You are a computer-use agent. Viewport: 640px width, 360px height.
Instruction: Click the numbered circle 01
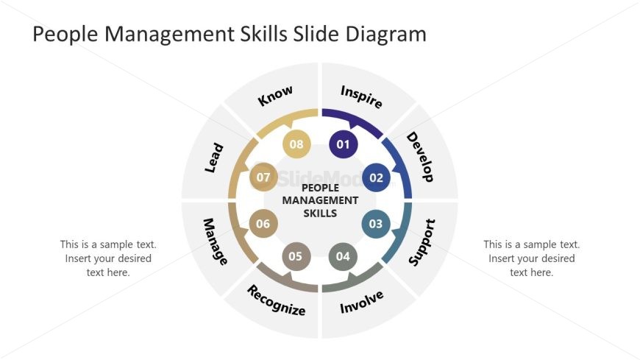(x=344, y=144)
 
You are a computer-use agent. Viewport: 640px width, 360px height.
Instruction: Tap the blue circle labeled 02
(x=377, y=177)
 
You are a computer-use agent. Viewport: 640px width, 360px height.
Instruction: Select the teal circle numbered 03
(x=376, y=224)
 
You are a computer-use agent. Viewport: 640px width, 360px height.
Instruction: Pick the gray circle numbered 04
(x=343, y=256)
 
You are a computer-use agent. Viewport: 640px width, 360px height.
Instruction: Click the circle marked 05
(x=296, y=256)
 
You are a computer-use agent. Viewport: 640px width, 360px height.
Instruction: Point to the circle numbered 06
(x=263, y=223)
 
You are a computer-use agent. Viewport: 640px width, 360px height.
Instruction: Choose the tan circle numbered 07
(x=263, y=177)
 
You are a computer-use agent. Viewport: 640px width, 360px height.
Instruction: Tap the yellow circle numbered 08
(x=296, y=144)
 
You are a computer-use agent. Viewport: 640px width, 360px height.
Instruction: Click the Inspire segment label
(x=361, y=97)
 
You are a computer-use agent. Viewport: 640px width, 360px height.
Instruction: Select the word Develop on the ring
(x=420, y=157)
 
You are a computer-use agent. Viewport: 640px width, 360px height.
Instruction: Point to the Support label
(x=422, y=242)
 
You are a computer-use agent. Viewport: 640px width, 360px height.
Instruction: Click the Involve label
(x=362, y=302)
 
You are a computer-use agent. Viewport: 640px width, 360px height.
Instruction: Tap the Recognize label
(x=277, y=300)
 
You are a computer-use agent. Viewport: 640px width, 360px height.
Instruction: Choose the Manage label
(x=215, y=241)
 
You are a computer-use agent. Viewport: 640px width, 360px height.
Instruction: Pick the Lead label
(x=214, y=158)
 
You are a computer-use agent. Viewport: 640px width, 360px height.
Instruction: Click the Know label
(x=275, y=96)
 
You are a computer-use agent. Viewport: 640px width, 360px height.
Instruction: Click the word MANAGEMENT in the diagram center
(x=320, y=200)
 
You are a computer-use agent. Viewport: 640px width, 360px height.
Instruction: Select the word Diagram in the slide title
(x=386, y=34)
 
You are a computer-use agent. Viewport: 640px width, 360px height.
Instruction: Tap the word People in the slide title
(x=65, y=34)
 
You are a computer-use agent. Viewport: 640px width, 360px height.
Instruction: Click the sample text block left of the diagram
(x=108, y=258)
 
